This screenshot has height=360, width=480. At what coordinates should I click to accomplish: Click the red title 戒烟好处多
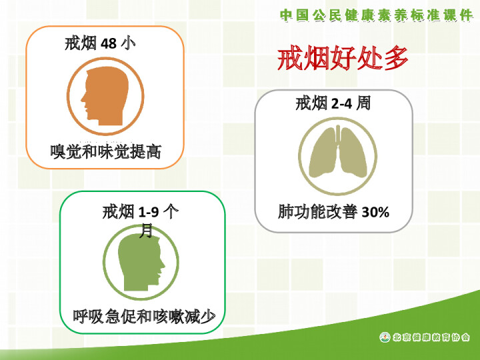pos(343,58)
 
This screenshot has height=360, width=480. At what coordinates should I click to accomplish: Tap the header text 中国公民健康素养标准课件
pos(377,15)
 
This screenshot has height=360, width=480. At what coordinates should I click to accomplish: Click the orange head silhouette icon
pos(105,96)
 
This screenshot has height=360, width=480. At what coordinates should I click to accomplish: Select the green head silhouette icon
pos(141,263)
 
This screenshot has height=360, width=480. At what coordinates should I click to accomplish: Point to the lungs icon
pos(337,152)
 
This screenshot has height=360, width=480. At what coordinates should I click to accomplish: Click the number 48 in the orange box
pos(109,44)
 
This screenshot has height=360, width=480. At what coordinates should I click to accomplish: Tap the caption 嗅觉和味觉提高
pos(105,151)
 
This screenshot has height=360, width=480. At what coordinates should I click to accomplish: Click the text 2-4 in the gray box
pos(341,104)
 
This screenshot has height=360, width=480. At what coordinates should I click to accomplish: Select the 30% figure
pos(375,212)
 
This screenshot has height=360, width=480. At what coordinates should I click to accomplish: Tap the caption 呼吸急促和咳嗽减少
pos(144,316)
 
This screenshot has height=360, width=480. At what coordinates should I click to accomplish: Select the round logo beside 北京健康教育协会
pos(385,337)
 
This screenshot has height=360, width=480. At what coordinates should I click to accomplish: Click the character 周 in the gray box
pos(363,103)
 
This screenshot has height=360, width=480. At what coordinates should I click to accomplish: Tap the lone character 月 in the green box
pos(146,230)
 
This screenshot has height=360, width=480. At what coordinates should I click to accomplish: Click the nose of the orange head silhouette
pos(83,99)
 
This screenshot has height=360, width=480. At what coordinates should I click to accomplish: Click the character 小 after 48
pos(128,43)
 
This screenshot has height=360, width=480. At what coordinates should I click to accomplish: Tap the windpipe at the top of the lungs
pos(337,134)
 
